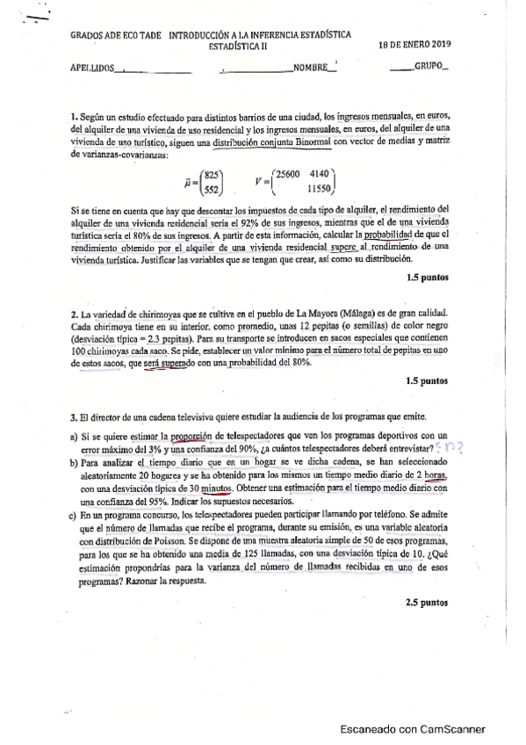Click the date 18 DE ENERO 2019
click(x=414, y=43)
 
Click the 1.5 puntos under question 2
click(x=428, y=381)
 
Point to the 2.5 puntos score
click(x=428, y=603)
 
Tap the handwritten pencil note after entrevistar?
click(x=450, y=447)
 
